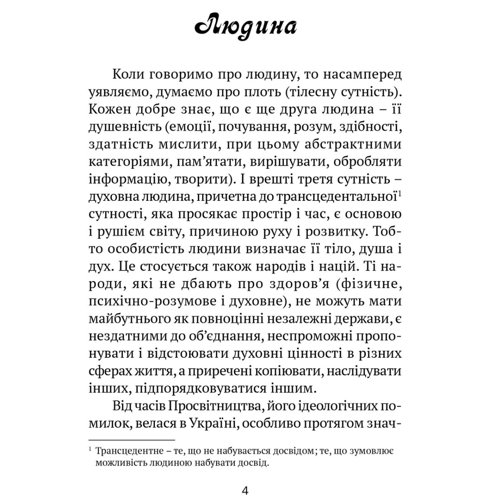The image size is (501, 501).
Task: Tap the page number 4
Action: [245, 491]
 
